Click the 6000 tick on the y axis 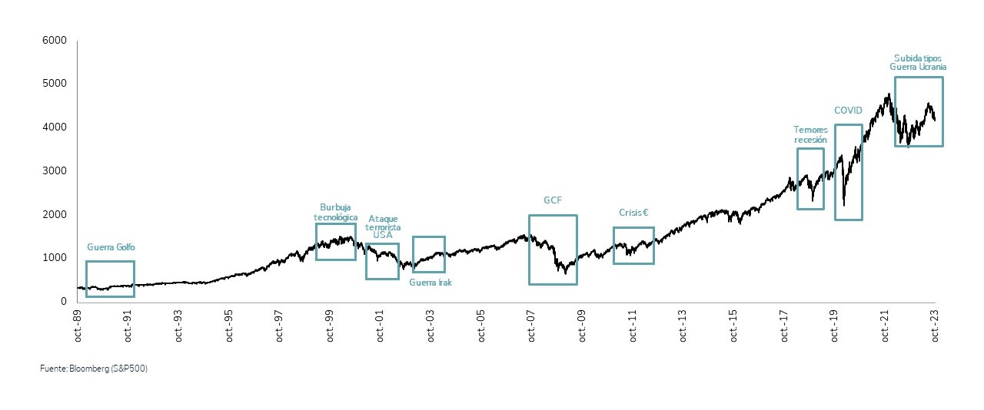pyautogui.click(x=56, y=40)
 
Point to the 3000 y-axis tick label pyautogui.click(x=56, y=170)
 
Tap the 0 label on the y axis pyautogui.click(x=64, y=301)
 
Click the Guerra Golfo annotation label pyautogui.click(x=111, y=247)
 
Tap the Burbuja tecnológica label pyautogui.click(x=336, y=212)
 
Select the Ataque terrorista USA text pyautogui.click(x=382, y=226)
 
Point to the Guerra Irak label pyautogui.click(x=430, y=283)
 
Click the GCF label pyautogui.click(x=553, y=200)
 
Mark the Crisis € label pyautogui.click(x=634, y=213)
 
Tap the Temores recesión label pyautogui.click(x=810, y=135)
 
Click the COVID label pyautogui.click(x=848, y=111)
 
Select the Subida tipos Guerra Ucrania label pyautogui.click(x=918, y=62)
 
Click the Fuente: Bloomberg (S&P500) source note pyautogui.click(x=93, y=369)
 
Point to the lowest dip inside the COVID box pyautogui.click(x=844, y=205)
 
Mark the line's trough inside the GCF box pyautogui.click(x=565, y=273)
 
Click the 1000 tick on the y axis pyautogui.click(x=56, y=258)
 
